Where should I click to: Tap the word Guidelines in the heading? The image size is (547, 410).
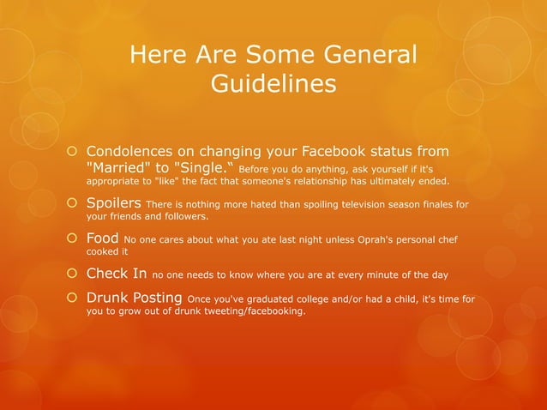(x=273, y=86)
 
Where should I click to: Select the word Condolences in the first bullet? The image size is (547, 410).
(x=141, y=152)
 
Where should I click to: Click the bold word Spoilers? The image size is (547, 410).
(x=114, y=203)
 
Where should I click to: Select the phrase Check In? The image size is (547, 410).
(x=117, y=274)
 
